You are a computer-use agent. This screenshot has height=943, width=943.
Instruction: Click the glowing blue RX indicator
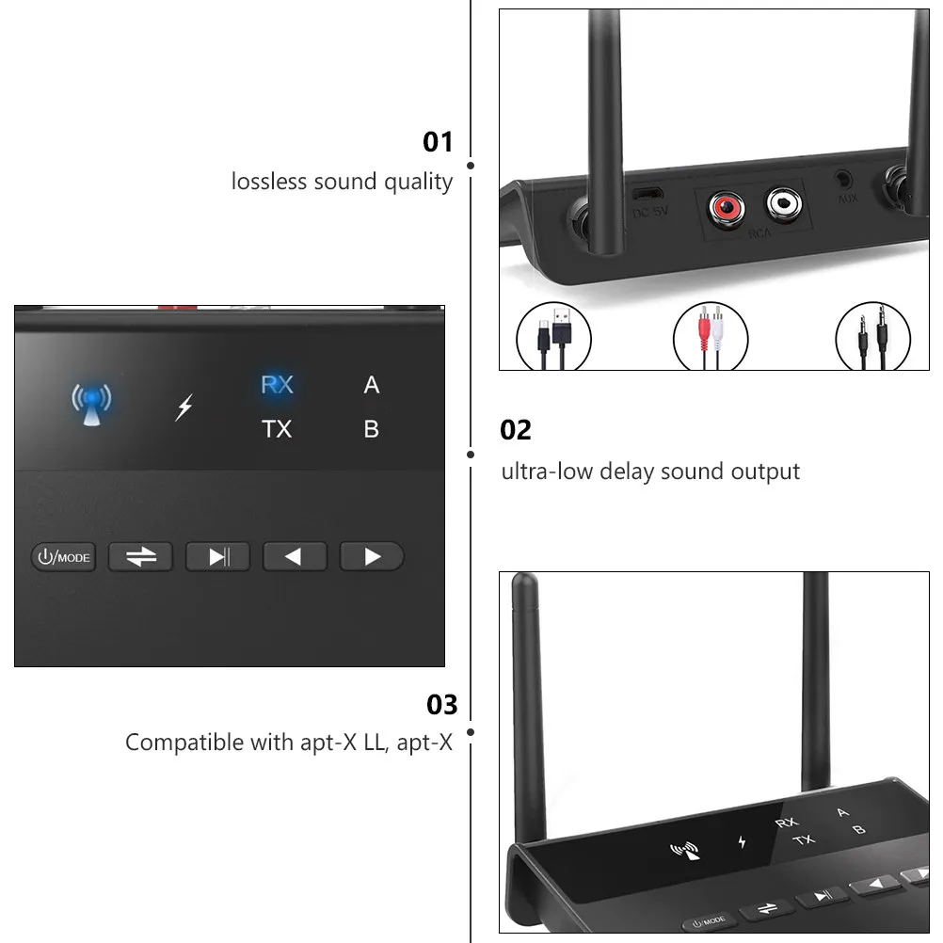[278, 384]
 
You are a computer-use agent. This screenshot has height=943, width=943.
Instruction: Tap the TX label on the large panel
[277, 429]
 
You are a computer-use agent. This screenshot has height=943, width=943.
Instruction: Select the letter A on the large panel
[372, 385]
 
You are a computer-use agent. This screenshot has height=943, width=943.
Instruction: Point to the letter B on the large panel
[372, 429]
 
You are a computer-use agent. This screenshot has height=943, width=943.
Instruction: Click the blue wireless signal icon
[91, 404]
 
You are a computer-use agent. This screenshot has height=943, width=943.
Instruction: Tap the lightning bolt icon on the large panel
[184, 408]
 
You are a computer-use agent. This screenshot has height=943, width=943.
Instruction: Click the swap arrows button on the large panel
[141, 556]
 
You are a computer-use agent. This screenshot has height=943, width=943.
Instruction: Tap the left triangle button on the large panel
[295, 556]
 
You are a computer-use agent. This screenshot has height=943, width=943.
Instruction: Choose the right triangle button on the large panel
[372, 556]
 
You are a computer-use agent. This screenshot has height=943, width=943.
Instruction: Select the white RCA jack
[784, 203]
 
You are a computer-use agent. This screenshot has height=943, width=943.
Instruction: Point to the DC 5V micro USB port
[647, 194]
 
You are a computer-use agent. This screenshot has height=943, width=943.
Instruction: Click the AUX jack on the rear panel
[844, 179]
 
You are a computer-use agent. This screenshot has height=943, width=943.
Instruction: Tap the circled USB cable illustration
[554, 336]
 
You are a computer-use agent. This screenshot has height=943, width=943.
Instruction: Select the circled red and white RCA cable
[711, 336]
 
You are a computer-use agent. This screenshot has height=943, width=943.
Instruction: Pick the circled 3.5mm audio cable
[873, 336]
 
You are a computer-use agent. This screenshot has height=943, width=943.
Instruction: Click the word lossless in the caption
[270, 181]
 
